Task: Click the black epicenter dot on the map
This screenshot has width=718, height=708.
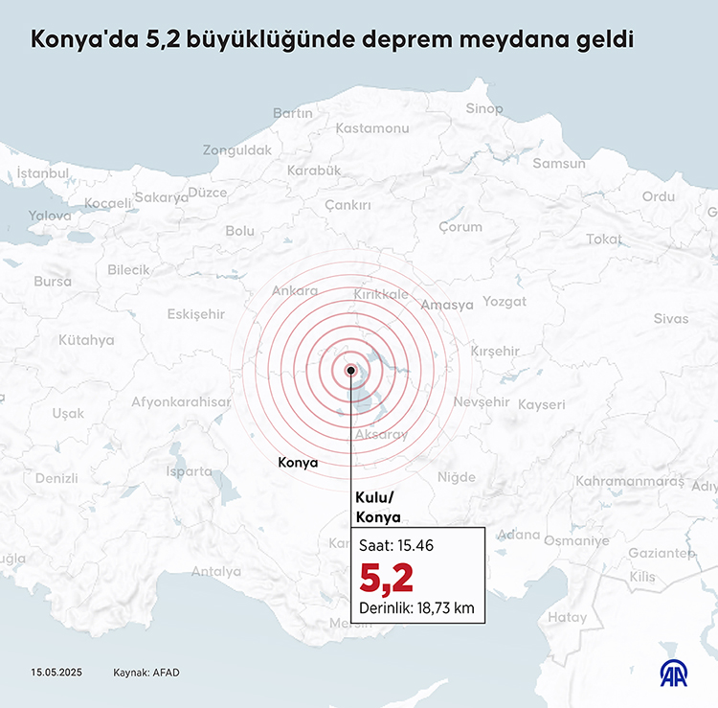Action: point(351,370)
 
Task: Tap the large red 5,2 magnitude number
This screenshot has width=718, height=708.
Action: point(386,579)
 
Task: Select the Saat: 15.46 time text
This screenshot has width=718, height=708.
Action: point(396,545)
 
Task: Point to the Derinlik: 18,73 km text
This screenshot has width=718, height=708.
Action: point(416,606)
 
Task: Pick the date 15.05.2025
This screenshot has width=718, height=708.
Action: point(57,673)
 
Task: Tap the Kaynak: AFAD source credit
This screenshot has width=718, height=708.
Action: point(146,673)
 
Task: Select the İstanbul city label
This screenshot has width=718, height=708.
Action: point(43,173)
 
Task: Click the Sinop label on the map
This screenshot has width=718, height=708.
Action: point(483,108)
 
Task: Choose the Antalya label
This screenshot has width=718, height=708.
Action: point(216,572)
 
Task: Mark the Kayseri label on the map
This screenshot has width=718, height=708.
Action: point(542,404)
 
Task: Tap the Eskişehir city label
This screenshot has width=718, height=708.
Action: point(195,314)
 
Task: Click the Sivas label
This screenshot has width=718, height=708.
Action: point(670,318)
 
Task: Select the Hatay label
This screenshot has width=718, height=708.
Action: point(568,618)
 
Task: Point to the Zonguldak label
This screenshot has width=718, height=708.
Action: point(237,150)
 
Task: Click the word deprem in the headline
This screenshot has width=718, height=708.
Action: point(419,40)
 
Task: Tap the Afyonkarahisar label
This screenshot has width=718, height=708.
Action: point(182,402)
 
